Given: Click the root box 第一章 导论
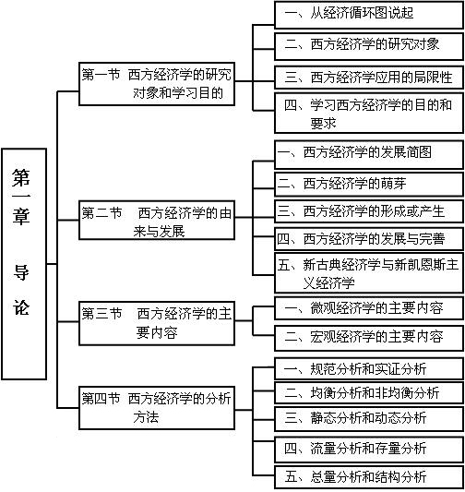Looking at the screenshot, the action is pos(24,264).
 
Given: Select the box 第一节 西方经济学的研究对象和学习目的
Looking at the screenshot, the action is pos(157,84).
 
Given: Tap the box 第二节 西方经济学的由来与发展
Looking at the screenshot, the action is pos(157,220).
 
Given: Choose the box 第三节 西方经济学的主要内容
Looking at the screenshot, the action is pos(157,323).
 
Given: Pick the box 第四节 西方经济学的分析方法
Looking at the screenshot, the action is pos(157,408).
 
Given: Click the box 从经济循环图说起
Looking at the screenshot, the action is pos(369,15).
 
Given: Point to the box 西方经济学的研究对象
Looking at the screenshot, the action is pos(369,46).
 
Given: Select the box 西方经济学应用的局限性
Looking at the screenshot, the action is pos(369,78).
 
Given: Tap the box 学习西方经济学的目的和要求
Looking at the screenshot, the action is pos(369,113).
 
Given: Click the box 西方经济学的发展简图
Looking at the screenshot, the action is pos(369,155).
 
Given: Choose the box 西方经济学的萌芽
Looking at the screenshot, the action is pos(369,184).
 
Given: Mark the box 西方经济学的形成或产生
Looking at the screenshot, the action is pos(369,211).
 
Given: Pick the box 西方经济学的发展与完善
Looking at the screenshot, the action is pos(369,239).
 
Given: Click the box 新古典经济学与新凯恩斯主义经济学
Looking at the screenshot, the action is pos(369,273).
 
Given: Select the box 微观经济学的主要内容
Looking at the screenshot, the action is pos(369,308).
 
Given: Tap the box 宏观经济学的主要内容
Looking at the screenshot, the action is pos(369,338).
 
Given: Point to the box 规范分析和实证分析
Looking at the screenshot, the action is pos(369,368).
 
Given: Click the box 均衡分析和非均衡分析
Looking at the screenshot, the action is pos(369,392).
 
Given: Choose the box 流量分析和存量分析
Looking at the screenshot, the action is pos(369,450).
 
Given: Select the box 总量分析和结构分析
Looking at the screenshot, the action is pos(369,477).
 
